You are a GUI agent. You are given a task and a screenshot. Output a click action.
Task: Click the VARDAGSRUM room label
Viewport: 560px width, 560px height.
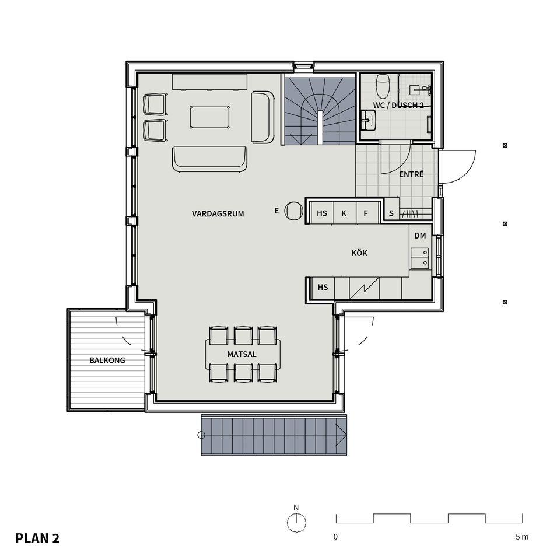pos(218,214)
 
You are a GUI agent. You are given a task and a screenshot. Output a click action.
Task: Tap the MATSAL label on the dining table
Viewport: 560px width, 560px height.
pos(242,354)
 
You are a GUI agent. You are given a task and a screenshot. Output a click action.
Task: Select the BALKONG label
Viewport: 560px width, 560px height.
pos(107,360)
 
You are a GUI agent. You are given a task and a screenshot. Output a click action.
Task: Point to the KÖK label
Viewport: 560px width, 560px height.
pos(359,253)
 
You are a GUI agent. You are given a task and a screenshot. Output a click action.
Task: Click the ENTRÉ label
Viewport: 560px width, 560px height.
pos(411,174)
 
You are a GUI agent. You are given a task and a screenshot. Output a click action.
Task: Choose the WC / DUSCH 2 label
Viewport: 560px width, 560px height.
pos(398,105)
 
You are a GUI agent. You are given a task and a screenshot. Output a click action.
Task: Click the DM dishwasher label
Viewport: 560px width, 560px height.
pos(420,236)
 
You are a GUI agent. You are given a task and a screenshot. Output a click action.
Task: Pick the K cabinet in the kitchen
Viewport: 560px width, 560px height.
pos(344,213)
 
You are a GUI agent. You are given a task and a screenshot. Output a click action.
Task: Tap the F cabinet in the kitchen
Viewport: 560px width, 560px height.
pos(366,213)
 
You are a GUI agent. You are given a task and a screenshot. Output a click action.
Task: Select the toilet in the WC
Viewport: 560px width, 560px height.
pos(383,85)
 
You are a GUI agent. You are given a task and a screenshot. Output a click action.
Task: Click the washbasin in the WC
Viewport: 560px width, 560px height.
pos(368,121)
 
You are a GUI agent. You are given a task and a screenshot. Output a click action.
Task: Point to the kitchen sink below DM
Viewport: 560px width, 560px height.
pos(419,258)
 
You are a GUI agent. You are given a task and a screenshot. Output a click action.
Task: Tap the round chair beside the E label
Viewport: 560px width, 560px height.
pos(293,211)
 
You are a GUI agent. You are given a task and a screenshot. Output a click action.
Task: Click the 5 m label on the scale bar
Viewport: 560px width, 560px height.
pos(522,537)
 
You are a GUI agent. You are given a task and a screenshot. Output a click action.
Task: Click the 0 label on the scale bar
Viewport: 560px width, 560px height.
pos(335,537)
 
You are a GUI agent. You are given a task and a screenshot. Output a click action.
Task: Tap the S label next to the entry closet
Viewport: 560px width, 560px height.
pos(391,213)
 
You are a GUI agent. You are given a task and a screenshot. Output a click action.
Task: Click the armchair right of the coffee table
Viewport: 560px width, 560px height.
pos(263,117)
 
